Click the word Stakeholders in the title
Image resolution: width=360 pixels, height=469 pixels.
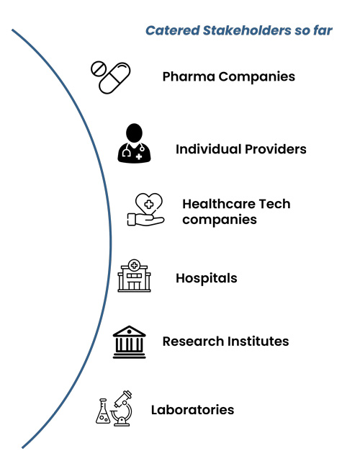(x=246, y=30)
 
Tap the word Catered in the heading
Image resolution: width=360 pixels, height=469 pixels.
(x=173, y=30)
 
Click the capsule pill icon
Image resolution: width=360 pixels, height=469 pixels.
(x=114, y=78)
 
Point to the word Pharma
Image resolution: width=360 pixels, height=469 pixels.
(x=189, y=76)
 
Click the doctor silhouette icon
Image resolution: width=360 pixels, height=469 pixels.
(x=134, y=143)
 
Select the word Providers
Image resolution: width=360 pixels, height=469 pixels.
(x=276, y=149)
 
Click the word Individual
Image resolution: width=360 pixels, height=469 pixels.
(x=208, y=149)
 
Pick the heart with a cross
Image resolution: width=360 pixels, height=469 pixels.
(x=149, y=203)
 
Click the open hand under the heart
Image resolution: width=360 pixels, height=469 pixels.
(x=145, y=220)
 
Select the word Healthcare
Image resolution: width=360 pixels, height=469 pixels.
(x=218, y=204)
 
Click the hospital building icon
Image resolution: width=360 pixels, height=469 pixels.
(x=134, y=275)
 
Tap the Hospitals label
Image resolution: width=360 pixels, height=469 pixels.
(x=207, y=279)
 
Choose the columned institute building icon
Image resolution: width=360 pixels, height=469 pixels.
(x=129, y=342)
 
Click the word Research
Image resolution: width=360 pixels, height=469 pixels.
(x=193, y=341)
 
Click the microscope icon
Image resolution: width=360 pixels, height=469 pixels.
(x=122, y=408)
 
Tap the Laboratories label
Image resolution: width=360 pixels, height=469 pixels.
(x=192, y=410)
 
